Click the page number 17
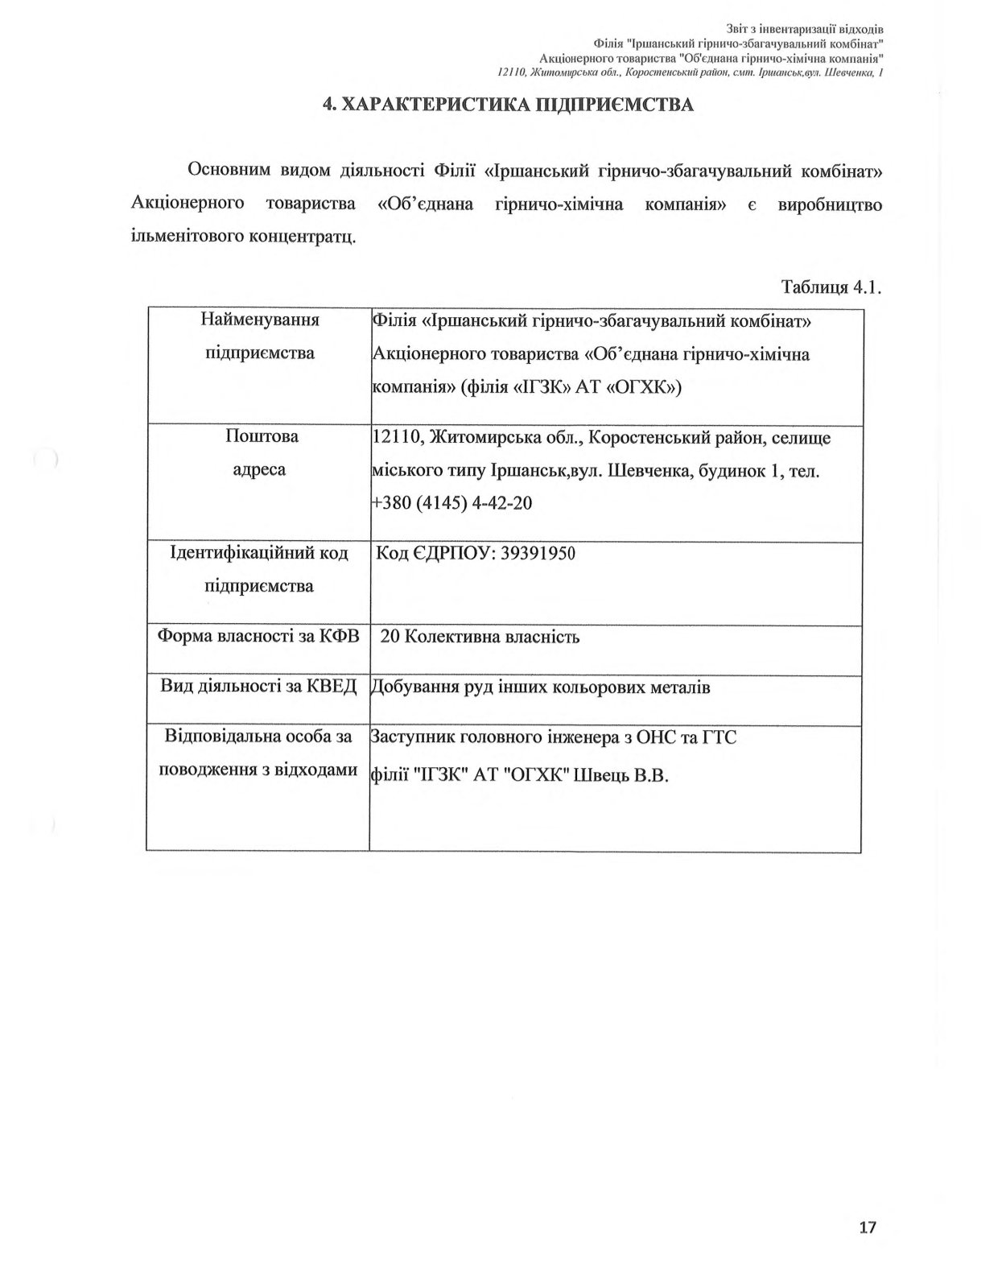(867, 1227)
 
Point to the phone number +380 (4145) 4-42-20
(451, 503)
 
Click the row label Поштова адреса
(260, 452)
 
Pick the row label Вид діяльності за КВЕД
(258, 687)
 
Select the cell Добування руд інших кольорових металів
(540, 687)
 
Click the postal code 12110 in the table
(398, 437)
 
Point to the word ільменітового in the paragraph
(187, 237)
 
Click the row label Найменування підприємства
(260, 336)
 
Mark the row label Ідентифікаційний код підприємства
(259, 569)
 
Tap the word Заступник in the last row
(410, 737)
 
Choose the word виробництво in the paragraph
(830, 204)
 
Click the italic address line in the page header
(691, 72)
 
